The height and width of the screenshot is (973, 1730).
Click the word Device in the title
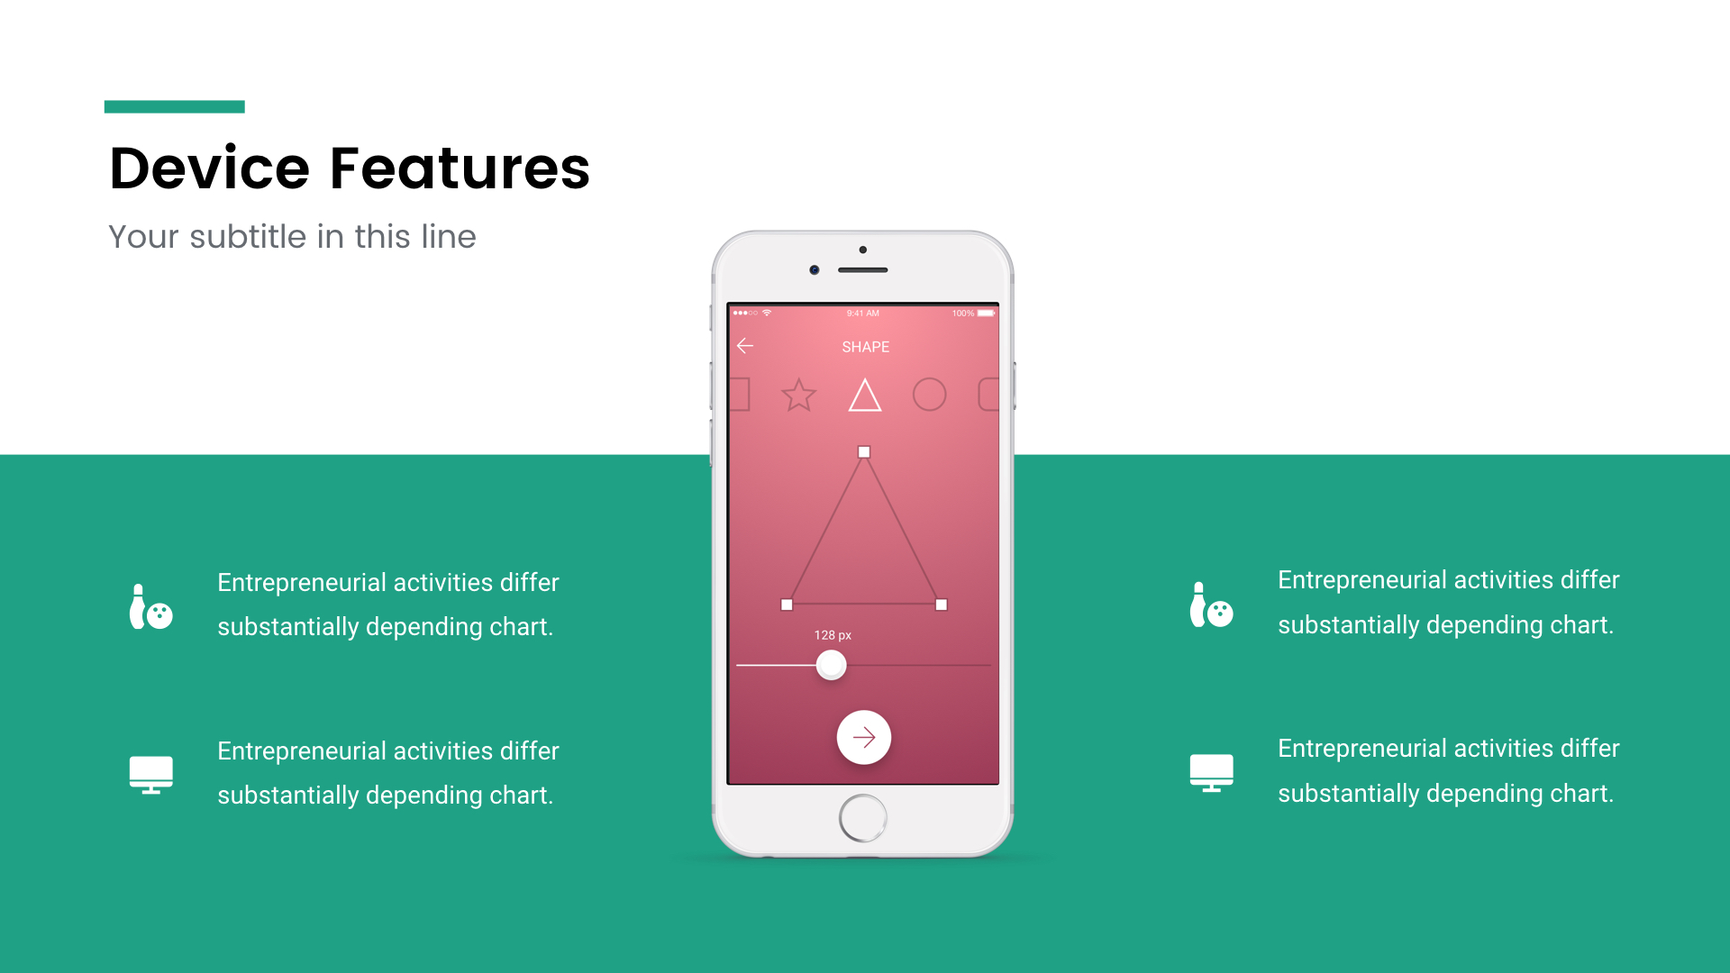[x=209, y=168]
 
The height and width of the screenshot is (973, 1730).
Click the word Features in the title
[x=460, y=168]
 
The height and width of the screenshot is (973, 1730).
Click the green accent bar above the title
[x=175, y=106]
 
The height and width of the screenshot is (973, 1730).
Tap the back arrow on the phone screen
[x=745, y=346]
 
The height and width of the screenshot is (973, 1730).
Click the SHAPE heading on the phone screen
[x=865, y=347]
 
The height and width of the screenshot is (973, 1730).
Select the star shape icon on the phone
[x=799, y=395]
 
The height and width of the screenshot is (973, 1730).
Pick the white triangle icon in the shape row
[x=865, y=395]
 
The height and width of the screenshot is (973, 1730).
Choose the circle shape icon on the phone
[x=930, y=395]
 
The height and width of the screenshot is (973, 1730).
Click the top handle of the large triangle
[x=864, y=452]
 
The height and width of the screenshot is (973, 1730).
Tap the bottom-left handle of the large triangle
[x=787, y=605]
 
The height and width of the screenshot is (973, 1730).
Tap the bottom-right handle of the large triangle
[x=942, y=605]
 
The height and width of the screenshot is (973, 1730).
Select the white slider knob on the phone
[x=831, y=666]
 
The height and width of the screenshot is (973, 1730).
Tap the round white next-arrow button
[x=864, y=738]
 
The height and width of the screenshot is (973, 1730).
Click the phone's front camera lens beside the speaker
[x=815, y=270]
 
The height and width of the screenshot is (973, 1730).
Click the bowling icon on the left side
[x=151, y=606]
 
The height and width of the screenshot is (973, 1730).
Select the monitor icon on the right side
[x=1212, y=773]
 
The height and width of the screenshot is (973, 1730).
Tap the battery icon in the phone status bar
[x=987, y=314]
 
